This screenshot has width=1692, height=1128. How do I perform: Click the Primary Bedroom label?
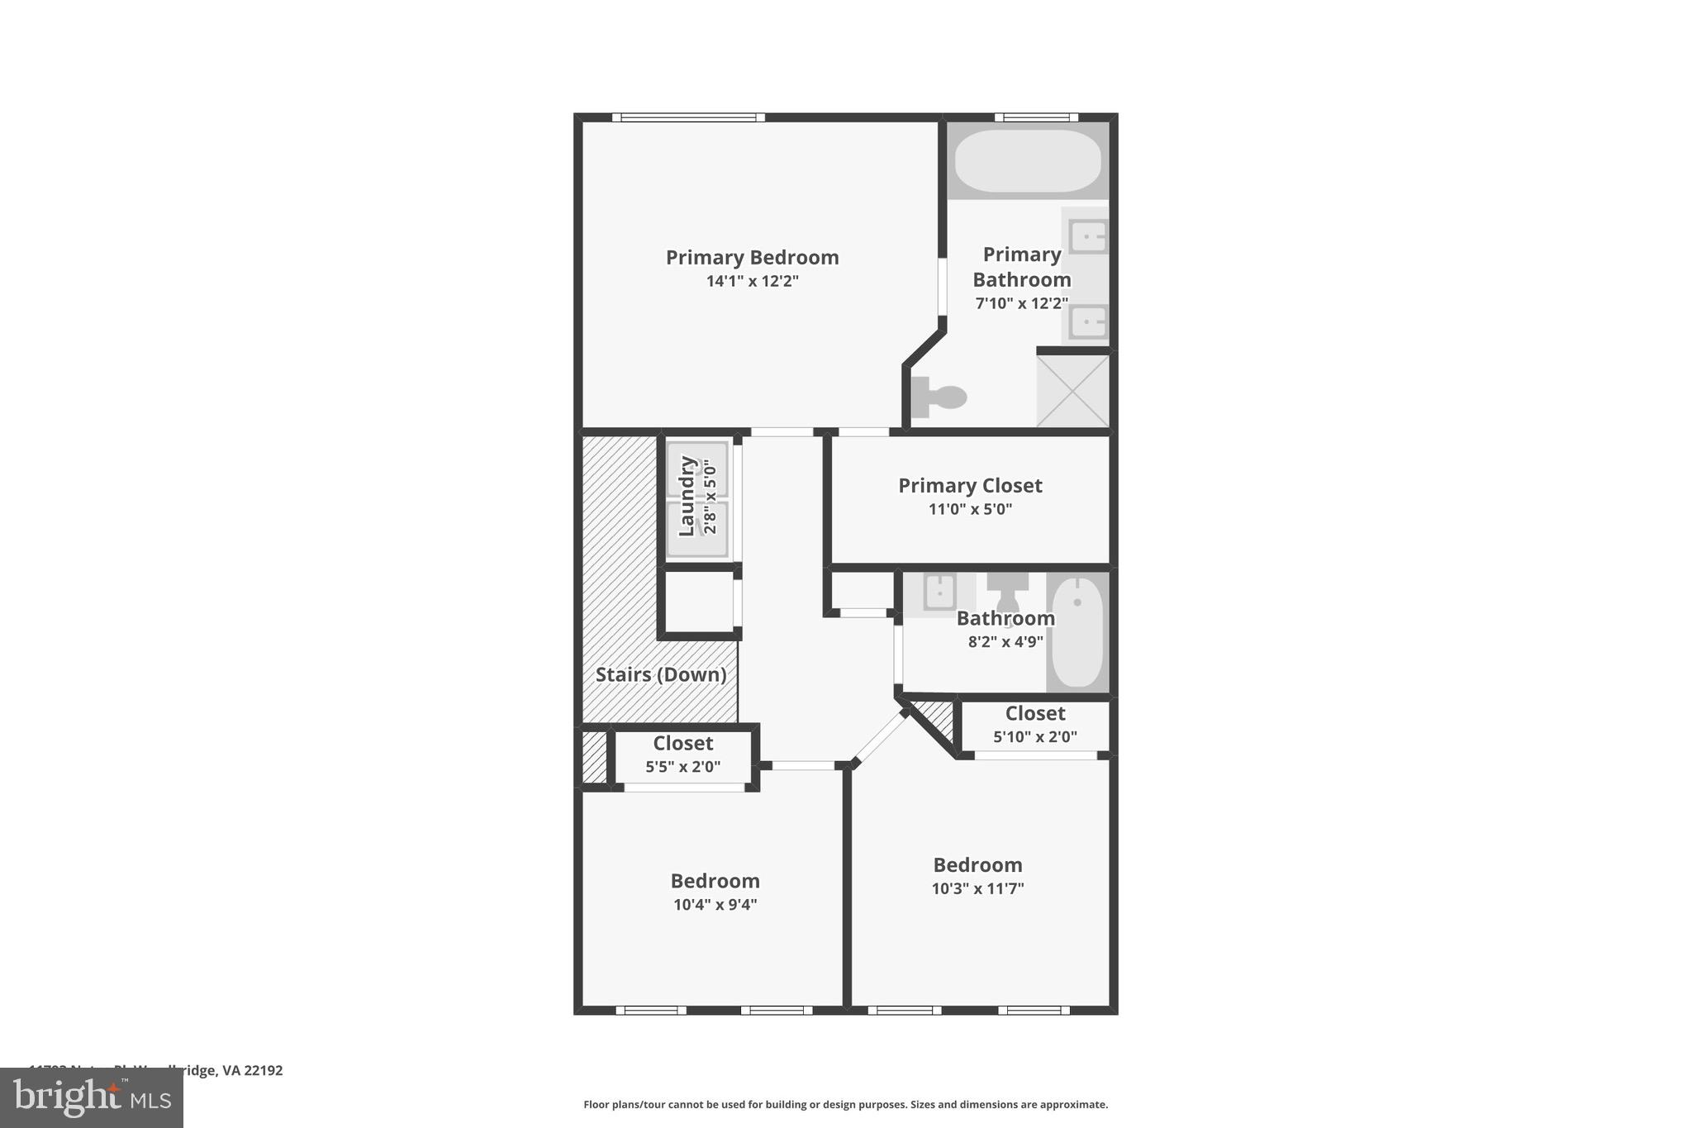tap(752, 258)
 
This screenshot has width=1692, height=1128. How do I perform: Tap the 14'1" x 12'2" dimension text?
tap(752, 281)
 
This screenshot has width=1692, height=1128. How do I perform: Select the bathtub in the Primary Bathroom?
tap(1027, 160)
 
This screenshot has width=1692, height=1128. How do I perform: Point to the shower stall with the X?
tap(1072, 391)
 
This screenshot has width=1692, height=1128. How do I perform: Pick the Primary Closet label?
tap(970, 486)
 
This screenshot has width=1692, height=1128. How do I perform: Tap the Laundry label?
tap(687, 496)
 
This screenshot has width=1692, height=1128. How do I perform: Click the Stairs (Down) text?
tap(661, 674)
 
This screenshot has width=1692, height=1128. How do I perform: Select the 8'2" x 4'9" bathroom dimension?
tap(1005, 641)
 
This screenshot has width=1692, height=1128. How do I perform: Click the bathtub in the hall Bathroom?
tap(1077, 631)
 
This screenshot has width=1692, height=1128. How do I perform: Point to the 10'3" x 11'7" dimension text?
tap(977, 888)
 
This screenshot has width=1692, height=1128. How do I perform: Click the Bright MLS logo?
tap(92, 1097)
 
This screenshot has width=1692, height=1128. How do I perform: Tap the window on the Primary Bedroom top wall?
tap(688, 117)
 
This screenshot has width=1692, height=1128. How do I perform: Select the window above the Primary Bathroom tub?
tap(1036, 117)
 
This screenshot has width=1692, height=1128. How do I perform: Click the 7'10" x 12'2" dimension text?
tap(1022, 303)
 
